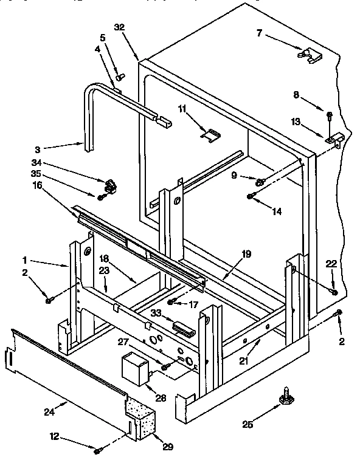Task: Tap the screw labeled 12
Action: coord(97,450)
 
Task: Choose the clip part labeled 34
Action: coord(111,182)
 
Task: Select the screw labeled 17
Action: coord(171,301)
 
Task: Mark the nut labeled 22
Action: coord(334,293)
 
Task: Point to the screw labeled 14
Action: coord(250,196)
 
